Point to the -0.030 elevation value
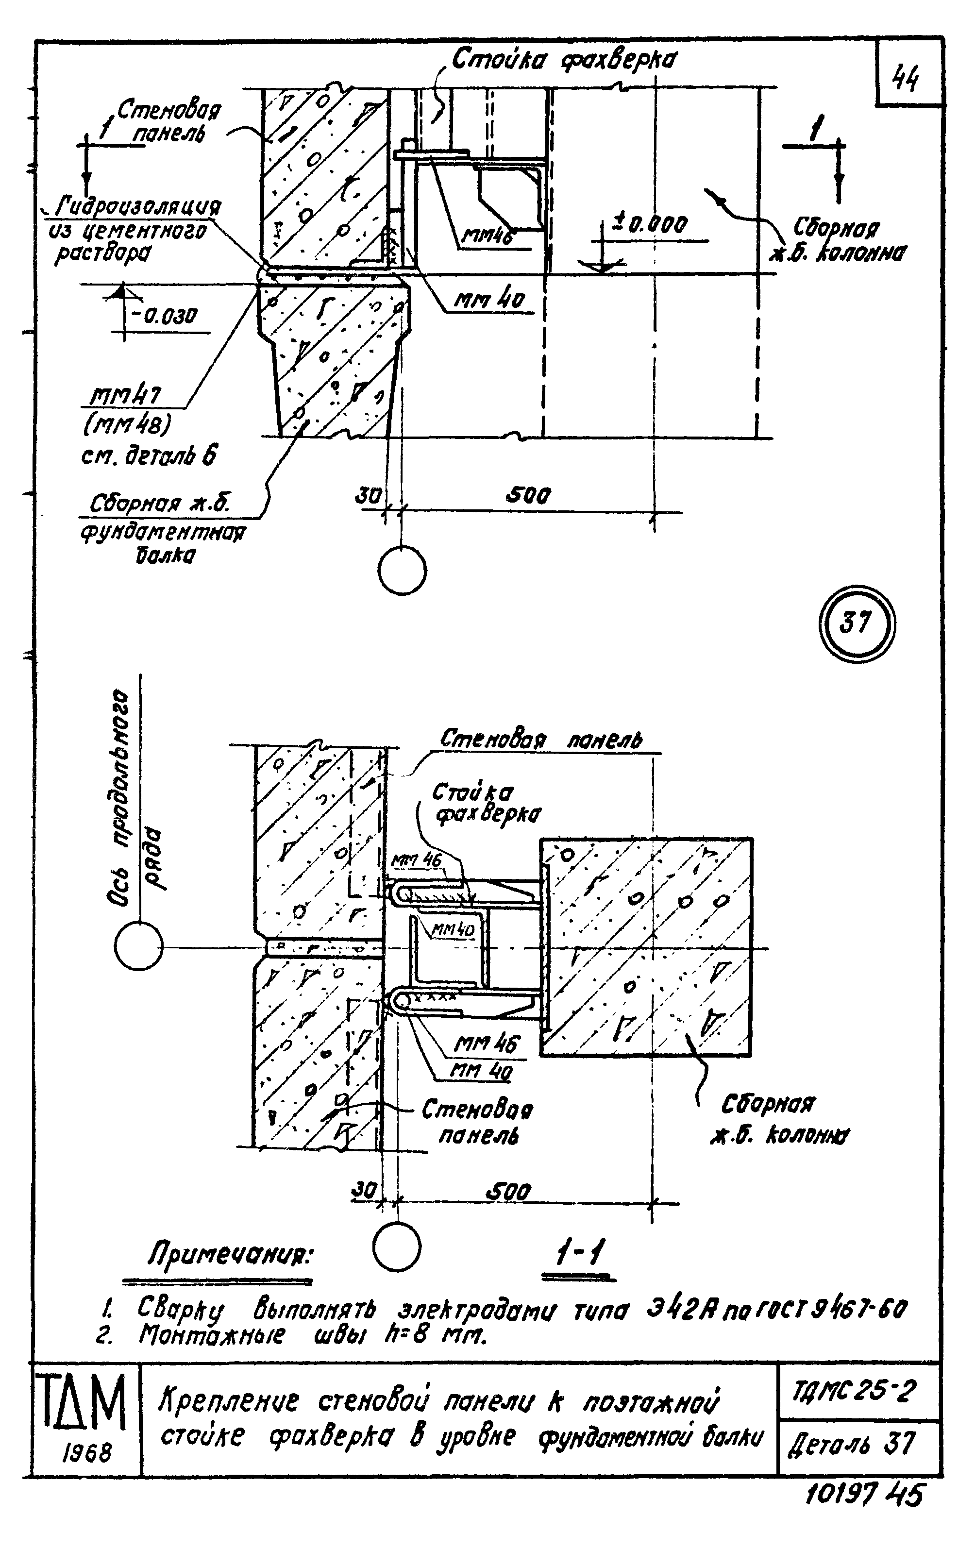pos(164,316)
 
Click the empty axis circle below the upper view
pos(402,571)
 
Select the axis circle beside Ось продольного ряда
pos(138,947)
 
